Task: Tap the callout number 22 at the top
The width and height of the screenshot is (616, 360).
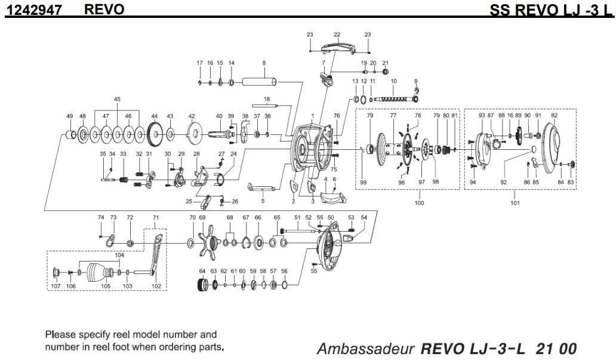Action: (337, 35)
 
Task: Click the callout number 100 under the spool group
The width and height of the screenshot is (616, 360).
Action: (418, 203)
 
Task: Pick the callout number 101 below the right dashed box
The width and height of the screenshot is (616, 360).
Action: (515, 203)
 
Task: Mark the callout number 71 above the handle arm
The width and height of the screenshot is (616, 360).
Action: (156, 217)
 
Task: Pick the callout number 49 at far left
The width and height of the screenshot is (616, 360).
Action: (69, 116)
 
